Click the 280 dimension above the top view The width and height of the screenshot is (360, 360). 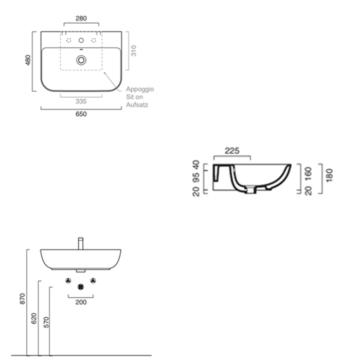81,18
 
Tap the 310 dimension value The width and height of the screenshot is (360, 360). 133,50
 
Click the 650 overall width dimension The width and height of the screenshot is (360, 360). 81,114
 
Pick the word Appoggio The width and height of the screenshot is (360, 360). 140,89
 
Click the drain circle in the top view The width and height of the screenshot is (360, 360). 81,60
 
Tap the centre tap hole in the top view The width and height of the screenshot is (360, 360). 81,40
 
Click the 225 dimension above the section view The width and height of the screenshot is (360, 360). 233,151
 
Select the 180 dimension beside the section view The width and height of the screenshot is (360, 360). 329,175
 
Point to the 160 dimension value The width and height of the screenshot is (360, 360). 309,173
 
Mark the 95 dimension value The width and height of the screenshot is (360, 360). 196,178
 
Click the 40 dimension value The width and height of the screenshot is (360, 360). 196,166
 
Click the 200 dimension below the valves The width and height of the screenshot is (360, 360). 81,302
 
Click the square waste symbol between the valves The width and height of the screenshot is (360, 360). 80,287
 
